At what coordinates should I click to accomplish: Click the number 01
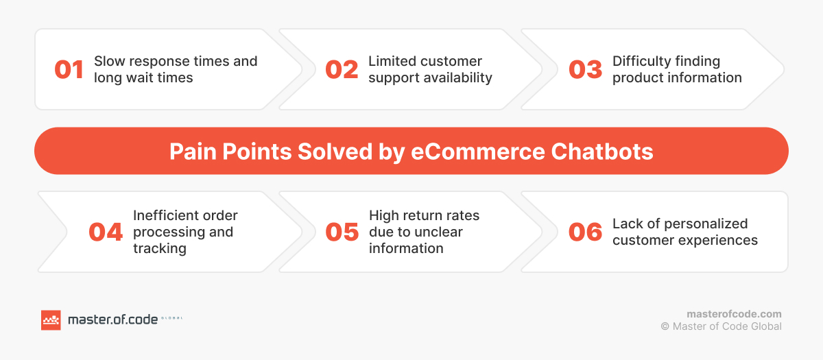coord(69,70)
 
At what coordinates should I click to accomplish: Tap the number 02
coord(342,70)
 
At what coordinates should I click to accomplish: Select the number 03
coord(586,70)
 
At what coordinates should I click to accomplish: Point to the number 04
coord(106,232)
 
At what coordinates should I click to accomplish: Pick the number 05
coord(342,232)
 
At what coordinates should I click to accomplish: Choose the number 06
coord(586,232)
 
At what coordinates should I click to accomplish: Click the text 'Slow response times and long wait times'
coord(176,69)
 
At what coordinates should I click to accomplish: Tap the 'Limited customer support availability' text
coord(430,69)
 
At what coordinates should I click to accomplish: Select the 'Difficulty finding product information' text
coord(677,69)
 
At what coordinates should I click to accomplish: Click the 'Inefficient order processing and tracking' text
coord(185,232)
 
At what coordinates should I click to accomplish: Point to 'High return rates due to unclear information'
coord(424,232)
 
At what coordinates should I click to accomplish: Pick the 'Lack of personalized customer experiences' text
coord(684,232)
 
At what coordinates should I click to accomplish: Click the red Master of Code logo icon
coord(51,320)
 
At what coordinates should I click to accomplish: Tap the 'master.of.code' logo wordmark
coord(112,320)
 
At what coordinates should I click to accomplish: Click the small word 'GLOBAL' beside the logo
coord(172,319)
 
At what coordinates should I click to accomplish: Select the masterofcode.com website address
coord(734,313)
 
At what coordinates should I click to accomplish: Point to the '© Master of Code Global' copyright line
coord(721,326)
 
